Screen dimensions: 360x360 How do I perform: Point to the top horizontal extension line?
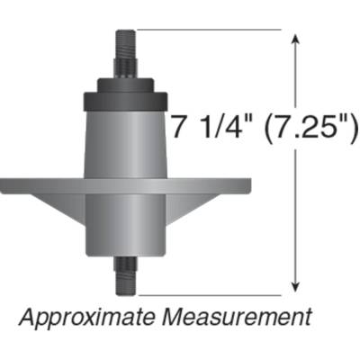(207, 30)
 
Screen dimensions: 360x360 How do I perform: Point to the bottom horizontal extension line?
(207, 292)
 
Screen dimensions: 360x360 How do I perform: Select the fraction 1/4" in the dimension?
(217, 129)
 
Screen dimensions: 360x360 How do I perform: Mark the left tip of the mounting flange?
(4, 185)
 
